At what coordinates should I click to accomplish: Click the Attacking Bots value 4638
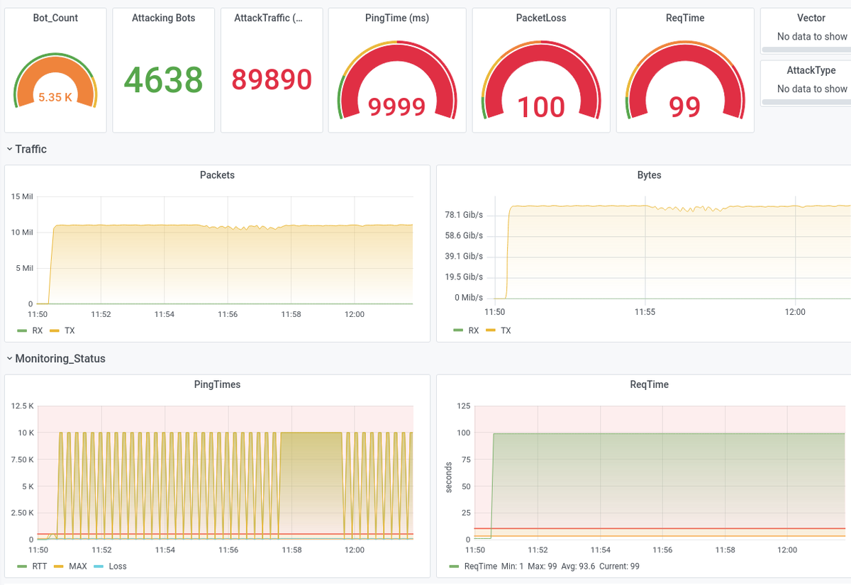click(x=163, y=79)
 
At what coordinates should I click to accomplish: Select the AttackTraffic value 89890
click(x=272, y=79)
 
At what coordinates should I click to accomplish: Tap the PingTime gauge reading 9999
click(x=396, y=107)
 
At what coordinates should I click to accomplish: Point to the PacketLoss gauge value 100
click(x=541, y=107)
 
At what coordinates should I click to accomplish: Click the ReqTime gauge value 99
click(x=684, y=107)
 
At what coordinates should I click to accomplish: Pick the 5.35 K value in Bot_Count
click(x=55, y=97)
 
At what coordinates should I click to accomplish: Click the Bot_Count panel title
click(x=55, y=18)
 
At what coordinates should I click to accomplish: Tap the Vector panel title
click(x=811, y=18)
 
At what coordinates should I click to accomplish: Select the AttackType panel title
click(x=811, y=70)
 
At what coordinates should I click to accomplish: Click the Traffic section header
click(x=30, y=149)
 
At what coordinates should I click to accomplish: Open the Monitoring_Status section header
click(x=60, y=359)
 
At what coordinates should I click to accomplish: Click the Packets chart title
click(x=217, y=174)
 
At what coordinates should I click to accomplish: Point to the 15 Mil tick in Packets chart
click(x=22, y=196)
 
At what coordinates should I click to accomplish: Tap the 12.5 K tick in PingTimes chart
click(x=22, y=406)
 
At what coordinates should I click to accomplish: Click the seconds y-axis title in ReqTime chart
click(x=448, y=477)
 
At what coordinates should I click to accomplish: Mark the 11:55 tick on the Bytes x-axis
click(x=645, y=312)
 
